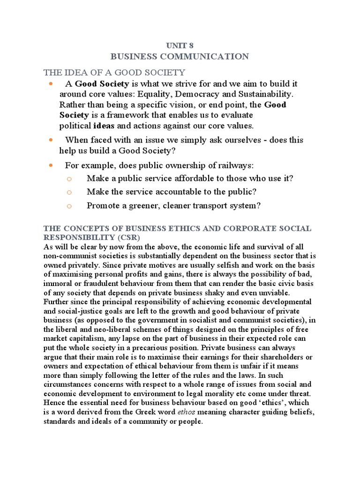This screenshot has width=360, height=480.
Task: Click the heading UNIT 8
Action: point(180,45)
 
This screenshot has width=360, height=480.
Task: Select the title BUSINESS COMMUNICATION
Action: point(180,57)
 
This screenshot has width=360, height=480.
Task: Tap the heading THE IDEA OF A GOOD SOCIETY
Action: point(114,72)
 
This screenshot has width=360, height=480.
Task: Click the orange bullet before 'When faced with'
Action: point(51,140)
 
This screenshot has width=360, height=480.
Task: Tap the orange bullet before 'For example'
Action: point(51,165)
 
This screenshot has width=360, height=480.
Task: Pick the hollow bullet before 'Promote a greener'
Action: point(68,206)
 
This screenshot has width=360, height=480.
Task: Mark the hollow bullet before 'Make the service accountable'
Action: point(68,192)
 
